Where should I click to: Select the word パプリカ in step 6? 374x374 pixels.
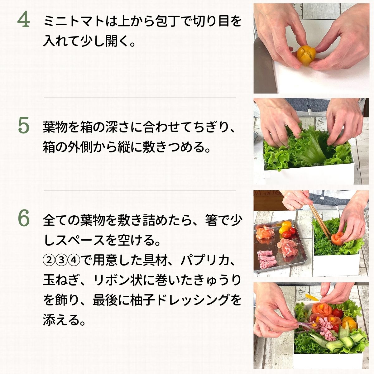click(x=203, y=260)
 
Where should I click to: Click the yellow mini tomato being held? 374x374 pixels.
click(x=306, y=56)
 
